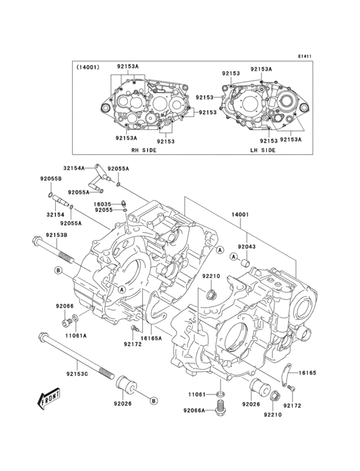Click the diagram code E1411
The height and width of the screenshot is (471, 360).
tap(304, 56)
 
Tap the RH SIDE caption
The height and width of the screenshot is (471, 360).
tap(144, 150)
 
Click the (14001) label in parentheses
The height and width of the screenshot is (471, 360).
tap(88, 67)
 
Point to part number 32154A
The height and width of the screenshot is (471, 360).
tap(74, 167)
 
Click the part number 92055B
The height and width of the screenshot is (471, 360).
tap(51, 178)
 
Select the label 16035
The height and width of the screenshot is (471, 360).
tap(104, 203)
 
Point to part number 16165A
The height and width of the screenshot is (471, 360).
tap(151, 338)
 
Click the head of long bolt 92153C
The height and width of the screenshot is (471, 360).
tap(44, 336)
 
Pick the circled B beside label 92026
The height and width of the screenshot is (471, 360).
tap(154, 401)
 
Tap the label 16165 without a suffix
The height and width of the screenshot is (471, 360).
tap(305, 372)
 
